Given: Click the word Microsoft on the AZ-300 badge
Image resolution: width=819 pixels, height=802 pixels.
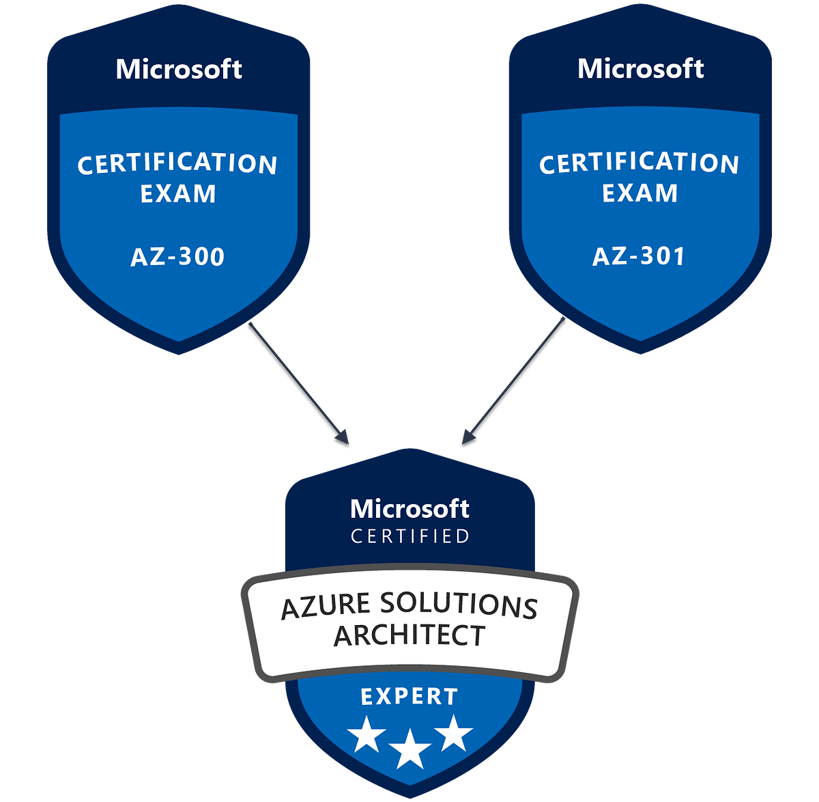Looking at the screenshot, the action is (179, 70).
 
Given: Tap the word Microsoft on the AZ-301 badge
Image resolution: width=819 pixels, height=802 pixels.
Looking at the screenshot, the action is (640, 69).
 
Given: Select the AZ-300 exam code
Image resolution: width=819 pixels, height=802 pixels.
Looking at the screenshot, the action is (177, 257).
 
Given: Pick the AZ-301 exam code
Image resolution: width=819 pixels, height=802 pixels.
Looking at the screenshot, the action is (639, 256).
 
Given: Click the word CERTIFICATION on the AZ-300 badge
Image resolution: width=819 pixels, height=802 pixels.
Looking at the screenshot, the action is (177, 165).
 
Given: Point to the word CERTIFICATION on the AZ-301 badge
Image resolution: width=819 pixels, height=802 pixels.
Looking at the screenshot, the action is (639, 164).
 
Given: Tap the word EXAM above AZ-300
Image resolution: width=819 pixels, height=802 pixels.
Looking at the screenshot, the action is (178, 195).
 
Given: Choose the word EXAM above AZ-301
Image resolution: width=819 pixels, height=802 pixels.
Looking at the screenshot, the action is (640, 194).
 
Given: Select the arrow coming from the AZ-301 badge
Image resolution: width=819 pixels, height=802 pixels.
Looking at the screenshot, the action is (515, 378).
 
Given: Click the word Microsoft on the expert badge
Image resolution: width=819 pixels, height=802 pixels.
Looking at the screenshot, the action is (409, 509).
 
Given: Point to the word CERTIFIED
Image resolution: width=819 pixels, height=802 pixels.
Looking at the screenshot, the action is (409, 537).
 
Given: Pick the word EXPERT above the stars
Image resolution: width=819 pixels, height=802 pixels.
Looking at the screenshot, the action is (409, 697).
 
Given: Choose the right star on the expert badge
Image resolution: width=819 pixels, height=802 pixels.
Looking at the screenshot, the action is (453, 733).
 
